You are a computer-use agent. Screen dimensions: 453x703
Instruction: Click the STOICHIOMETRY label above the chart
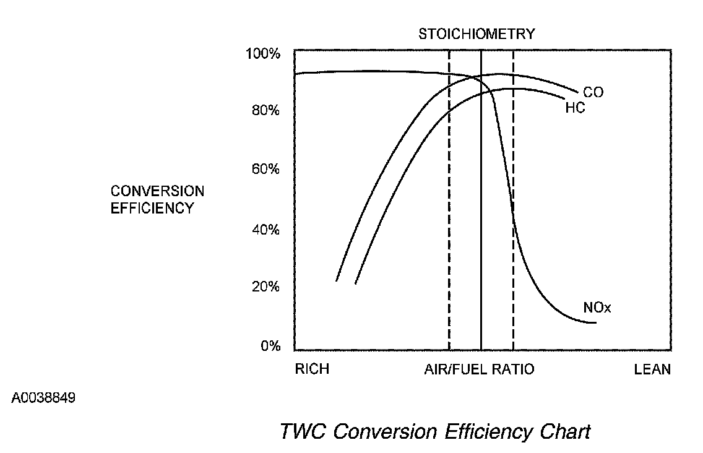click(477, 34)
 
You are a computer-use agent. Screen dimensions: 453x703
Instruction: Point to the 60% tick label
click(265, 169)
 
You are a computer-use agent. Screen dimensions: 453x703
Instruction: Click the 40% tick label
click(265, 230)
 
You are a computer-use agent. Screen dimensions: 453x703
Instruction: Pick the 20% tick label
click(265, 287)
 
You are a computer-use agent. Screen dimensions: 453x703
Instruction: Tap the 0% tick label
click(270, 346)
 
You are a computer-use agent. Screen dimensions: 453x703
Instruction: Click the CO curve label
click(593, 93)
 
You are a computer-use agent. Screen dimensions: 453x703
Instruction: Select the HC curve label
click(575, 108)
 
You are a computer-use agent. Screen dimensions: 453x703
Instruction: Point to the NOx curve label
click(597, 308)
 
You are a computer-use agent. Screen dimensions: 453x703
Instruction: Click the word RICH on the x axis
click(312, 369)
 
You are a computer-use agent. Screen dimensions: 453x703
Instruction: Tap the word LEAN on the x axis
click(652, 369)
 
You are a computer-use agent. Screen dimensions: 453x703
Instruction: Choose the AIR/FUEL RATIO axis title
click(479, 369)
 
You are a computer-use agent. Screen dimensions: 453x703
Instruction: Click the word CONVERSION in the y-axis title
click(157, 191)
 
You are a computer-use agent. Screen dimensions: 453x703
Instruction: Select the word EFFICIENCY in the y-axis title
click(152, 208)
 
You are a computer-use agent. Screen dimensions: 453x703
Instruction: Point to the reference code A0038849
click(43, 397)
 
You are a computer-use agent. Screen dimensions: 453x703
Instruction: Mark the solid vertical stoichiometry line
click(481, 248)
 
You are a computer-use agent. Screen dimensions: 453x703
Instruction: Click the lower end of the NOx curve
click(594, 322)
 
